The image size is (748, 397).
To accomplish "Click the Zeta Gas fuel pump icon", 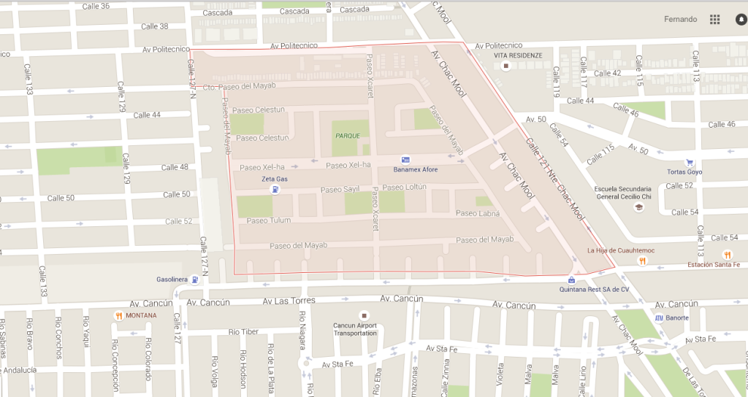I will click(275, 190).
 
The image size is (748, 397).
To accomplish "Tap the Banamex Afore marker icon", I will click(405, 160).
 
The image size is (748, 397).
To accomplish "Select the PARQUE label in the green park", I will click(348, 136).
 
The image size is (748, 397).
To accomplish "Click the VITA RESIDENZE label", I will click(518, 55).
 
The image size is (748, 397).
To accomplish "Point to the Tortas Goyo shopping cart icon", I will click(690, 162).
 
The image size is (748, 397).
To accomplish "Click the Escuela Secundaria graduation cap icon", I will click(638, 207).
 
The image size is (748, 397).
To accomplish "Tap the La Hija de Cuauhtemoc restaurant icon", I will click(641, 261).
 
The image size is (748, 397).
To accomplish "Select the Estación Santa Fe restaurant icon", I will click(727, 254).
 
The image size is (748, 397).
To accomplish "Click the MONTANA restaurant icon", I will click(118, 315).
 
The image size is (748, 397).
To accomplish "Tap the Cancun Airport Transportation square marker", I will click(355, 315).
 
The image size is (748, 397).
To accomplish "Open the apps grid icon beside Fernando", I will click(714, 20).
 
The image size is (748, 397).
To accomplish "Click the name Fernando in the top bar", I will click(680, 20).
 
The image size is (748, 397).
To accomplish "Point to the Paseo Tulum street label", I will click(268, 220).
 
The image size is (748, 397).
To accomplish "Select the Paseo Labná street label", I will click(477, 213).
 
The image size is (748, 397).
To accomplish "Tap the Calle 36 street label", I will click(96, 6).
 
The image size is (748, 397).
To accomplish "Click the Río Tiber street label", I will click(243, 332).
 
